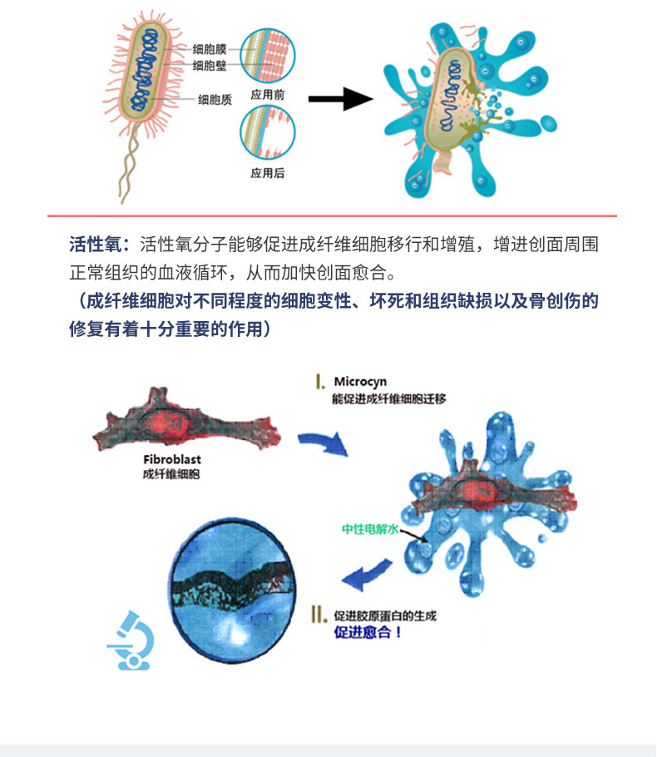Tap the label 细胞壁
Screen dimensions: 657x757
[x=210, y=65]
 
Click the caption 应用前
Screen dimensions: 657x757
[x=268, y=94]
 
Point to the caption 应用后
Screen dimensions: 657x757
[x=268, y=174]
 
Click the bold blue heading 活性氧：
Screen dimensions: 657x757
[x=99, y=245]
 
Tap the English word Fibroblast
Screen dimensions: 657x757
[x=172, y=459]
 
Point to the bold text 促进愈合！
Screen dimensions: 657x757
[x=368, y=631]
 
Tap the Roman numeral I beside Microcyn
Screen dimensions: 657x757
[x=320, y=382]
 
